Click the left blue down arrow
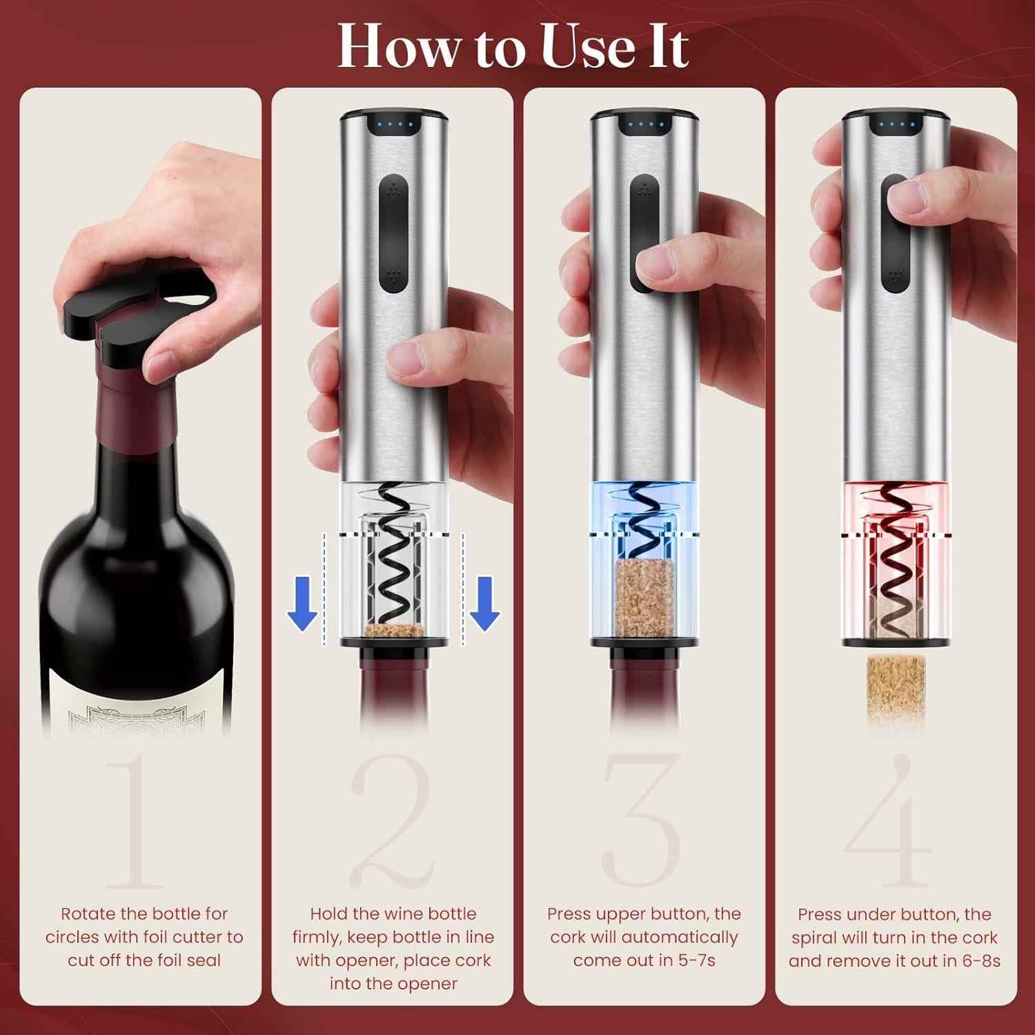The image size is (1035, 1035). (x=302, y=603)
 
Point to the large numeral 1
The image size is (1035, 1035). (x=135, y=821)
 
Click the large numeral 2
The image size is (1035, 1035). (x=392, y=821)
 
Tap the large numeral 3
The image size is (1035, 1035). (x=642, y=821)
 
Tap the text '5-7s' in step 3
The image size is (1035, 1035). (x=692, y=960)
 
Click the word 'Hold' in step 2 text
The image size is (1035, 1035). (x=328, y=914)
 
